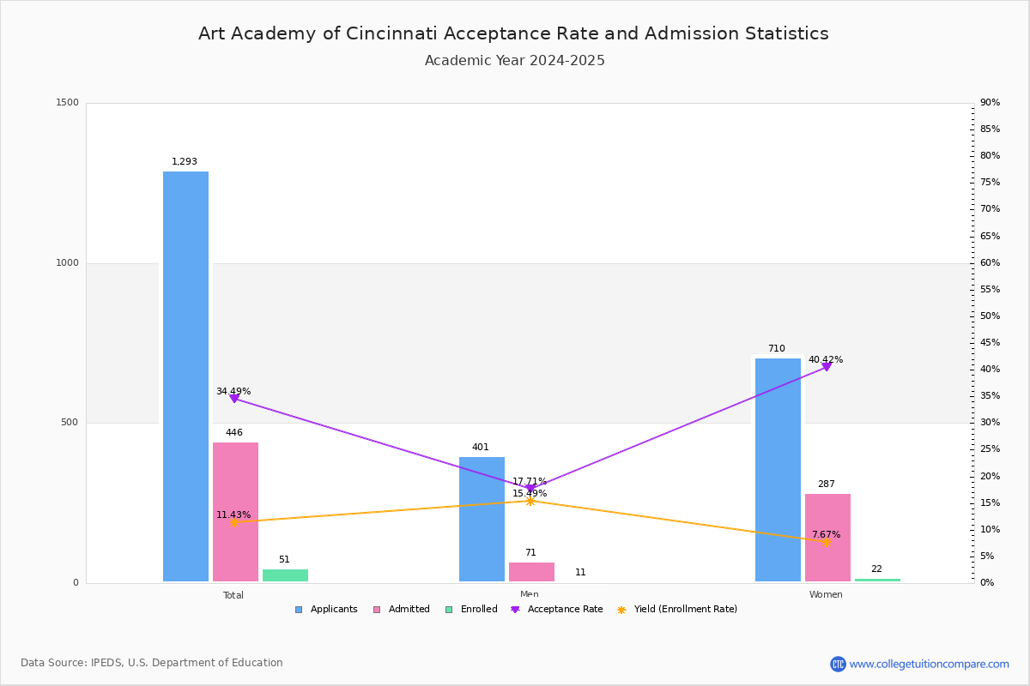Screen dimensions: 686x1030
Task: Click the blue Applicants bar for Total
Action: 185,376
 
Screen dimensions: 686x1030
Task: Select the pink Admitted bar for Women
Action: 827,538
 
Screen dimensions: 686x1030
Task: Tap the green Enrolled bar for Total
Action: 285,575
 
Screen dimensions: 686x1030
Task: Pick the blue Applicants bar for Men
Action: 482,519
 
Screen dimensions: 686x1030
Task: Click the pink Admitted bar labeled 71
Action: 531,572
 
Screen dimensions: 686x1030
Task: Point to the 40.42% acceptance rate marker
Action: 827,367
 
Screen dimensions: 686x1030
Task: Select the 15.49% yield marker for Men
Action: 530,501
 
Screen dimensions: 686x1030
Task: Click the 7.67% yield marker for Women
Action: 826,542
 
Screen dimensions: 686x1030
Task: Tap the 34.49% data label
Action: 233,392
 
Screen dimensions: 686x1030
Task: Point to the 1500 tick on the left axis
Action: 69,103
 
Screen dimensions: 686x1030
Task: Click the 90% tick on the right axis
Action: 990,103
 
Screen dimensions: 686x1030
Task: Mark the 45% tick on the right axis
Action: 990,343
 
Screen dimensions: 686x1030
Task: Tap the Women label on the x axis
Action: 826,595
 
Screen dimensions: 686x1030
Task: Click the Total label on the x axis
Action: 233,595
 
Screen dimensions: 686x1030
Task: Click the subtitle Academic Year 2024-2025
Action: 515,61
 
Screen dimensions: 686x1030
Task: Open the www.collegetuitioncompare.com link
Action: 929,664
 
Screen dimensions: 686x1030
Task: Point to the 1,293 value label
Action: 185,162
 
